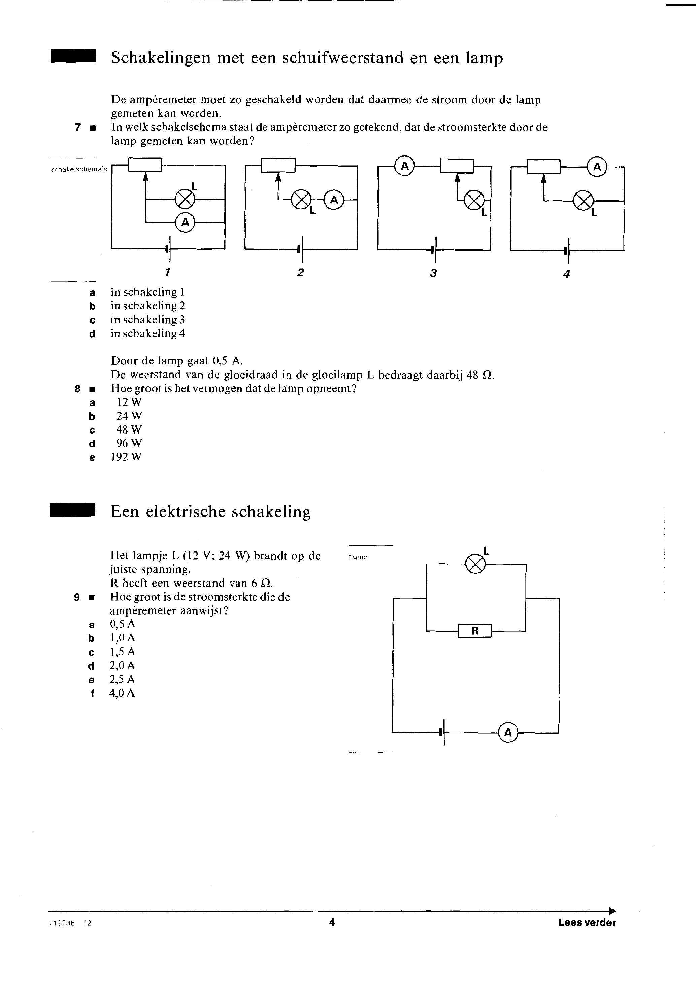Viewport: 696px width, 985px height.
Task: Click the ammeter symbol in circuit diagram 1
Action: [x=185, y=222]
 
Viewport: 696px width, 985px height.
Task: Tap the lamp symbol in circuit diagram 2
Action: [x=301, y=200]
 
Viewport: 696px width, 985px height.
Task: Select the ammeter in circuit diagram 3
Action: [x=405, y=166]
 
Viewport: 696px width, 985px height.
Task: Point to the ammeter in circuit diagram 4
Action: [x=597, y=167]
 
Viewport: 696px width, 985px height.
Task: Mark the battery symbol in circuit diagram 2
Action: [x=300, y=249]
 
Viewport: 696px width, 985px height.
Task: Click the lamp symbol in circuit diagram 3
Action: [x=474, y=200]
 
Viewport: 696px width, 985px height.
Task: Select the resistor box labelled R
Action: [x=475, y=631]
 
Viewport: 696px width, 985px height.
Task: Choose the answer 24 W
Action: [x=129, y=416]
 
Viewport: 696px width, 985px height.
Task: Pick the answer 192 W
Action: [x=126, y=457]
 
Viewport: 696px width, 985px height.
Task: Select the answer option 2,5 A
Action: [x=122, y=679]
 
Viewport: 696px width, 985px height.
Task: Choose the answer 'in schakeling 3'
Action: [x=148, y=320]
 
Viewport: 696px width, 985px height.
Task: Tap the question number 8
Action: [x=77, y=389]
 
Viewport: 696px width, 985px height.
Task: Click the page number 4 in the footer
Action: [x=331, y=922]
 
